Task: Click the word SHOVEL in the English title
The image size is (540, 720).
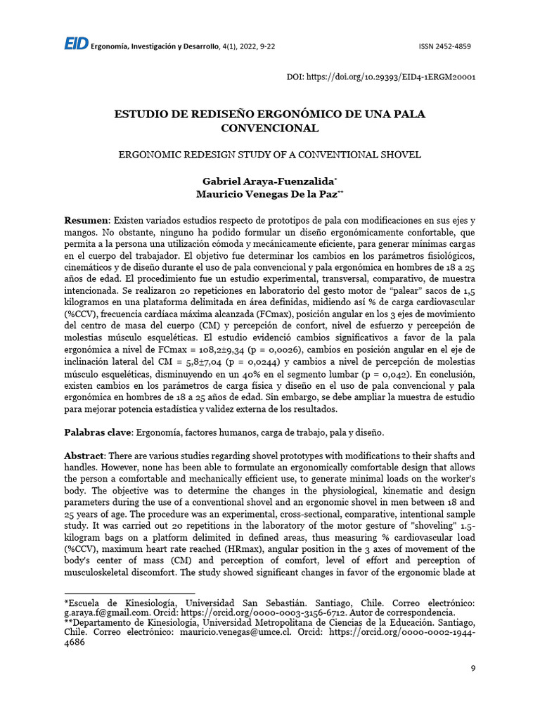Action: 395,155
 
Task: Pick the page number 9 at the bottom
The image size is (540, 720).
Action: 473,669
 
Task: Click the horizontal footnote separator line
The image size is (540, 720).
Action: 105,594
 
